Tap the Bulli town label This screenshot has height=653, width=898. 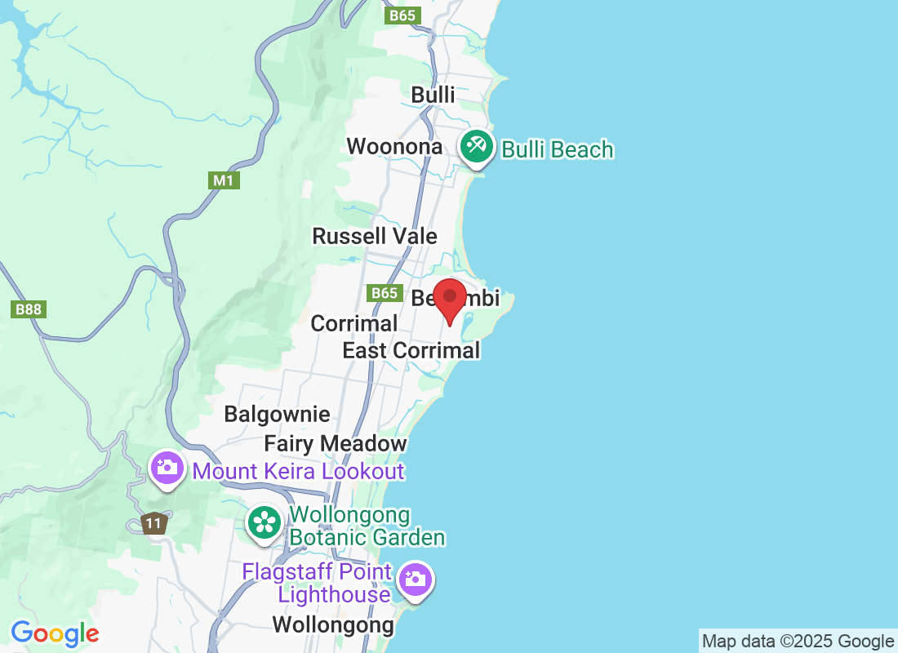(x=433, y=95)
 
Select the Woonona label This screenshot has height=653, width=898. (x=394, y=147)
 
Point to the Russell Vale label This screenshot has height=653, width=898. (x=375, y=237)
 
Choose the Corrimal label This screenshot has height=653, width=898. (x=353, y=323)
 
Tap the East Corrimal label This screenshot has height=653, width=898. (x=411, y=351)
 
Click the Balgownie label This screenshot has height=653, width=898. (x=277, y=415)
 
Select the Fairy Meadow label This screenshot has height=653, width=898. (x=335, y=444)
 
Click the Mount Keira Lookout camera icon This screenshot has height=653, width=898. (x=167, y=468)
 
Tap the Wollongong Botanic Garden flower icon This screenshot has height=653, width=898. (x=265, y=521)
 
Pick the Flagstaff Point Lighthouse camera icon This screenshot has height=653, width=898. (x=415, y=580)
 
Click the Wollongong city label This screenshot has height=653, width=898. (x=332, y=626)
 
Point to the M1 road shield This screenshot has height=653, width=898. (x=224, y=180)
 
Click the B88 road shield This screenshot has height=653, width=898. (x=27, y=309)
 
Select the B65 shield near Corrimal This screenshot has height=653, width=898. (x=384, y=293)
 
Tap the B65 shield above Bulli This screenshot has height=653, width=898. (x=402, y=16)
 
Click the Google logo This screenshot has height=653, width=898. (x=55, y=633)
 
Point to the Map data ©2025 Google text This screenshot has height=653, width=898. (x=798, y=642)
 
